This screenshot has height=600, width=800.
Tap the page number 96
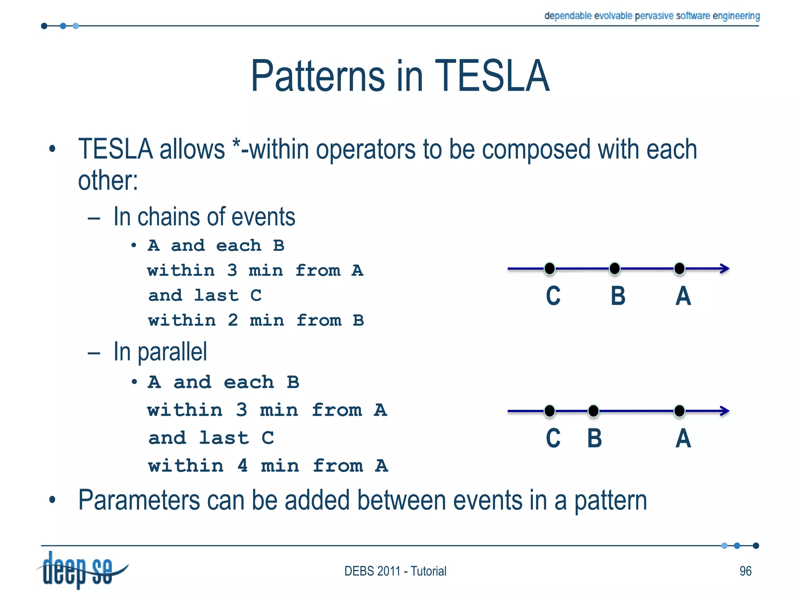pyautogui.click(x=745, y=571)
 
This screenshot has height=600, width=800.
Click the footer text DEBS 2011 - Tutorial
pyautogui.click(x=395, y=571)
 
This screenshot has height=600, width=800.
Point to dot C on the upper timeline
pyautogui.click(x=549, y=269)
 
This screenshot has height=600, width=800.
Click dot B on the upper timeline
pyautogui.click(x=614, y=269)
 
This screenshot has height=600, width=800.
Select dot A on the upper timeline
pyautogui.click(x=679, y=269)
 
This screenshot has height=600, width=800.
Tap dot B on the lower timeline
pyautogui.click(x=593, y=411)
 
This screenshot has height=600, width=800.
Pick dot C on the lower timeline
pyautogui.click(x=549, y=411)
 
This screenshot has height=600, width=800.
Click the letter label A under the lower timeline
pyautogui.click(x=683, y=438)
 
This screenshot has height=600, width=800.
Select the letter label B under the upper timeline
pyautogui.click(x=618, y=296)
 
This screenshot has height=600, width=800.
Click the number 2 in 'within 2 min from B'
pyautogui.click(x=233, y=321)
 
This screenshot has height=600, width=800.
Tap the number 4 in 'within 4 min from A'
pyautogui.click(x=243, y=466)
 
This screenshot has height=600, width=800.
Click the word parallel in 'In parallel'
pyautogui.click(x=172, y=352)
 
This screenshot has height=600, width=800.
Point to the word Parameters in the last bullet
pyautogui.click(x=139, y=500)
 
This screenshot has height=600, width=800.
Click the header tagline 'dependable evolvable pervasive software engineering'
pyautogui.click(x=652, y=16)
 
